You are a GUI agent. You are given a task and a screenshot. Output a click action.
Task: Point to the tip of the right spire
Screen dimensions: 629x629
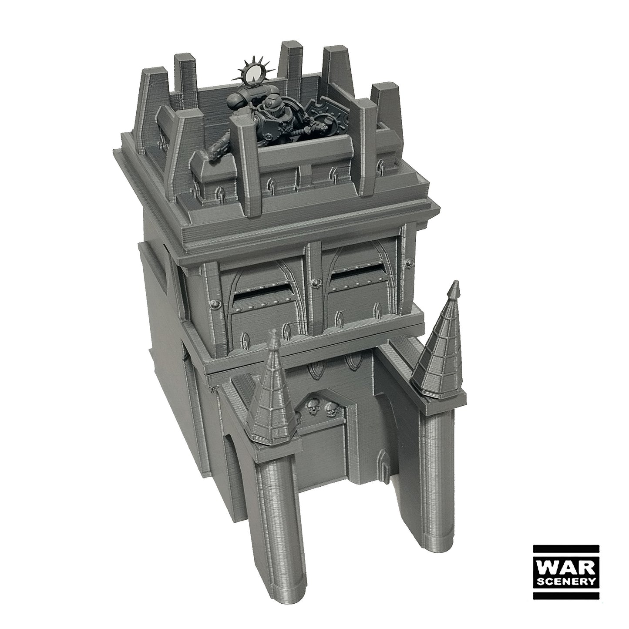coord(455,282)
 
